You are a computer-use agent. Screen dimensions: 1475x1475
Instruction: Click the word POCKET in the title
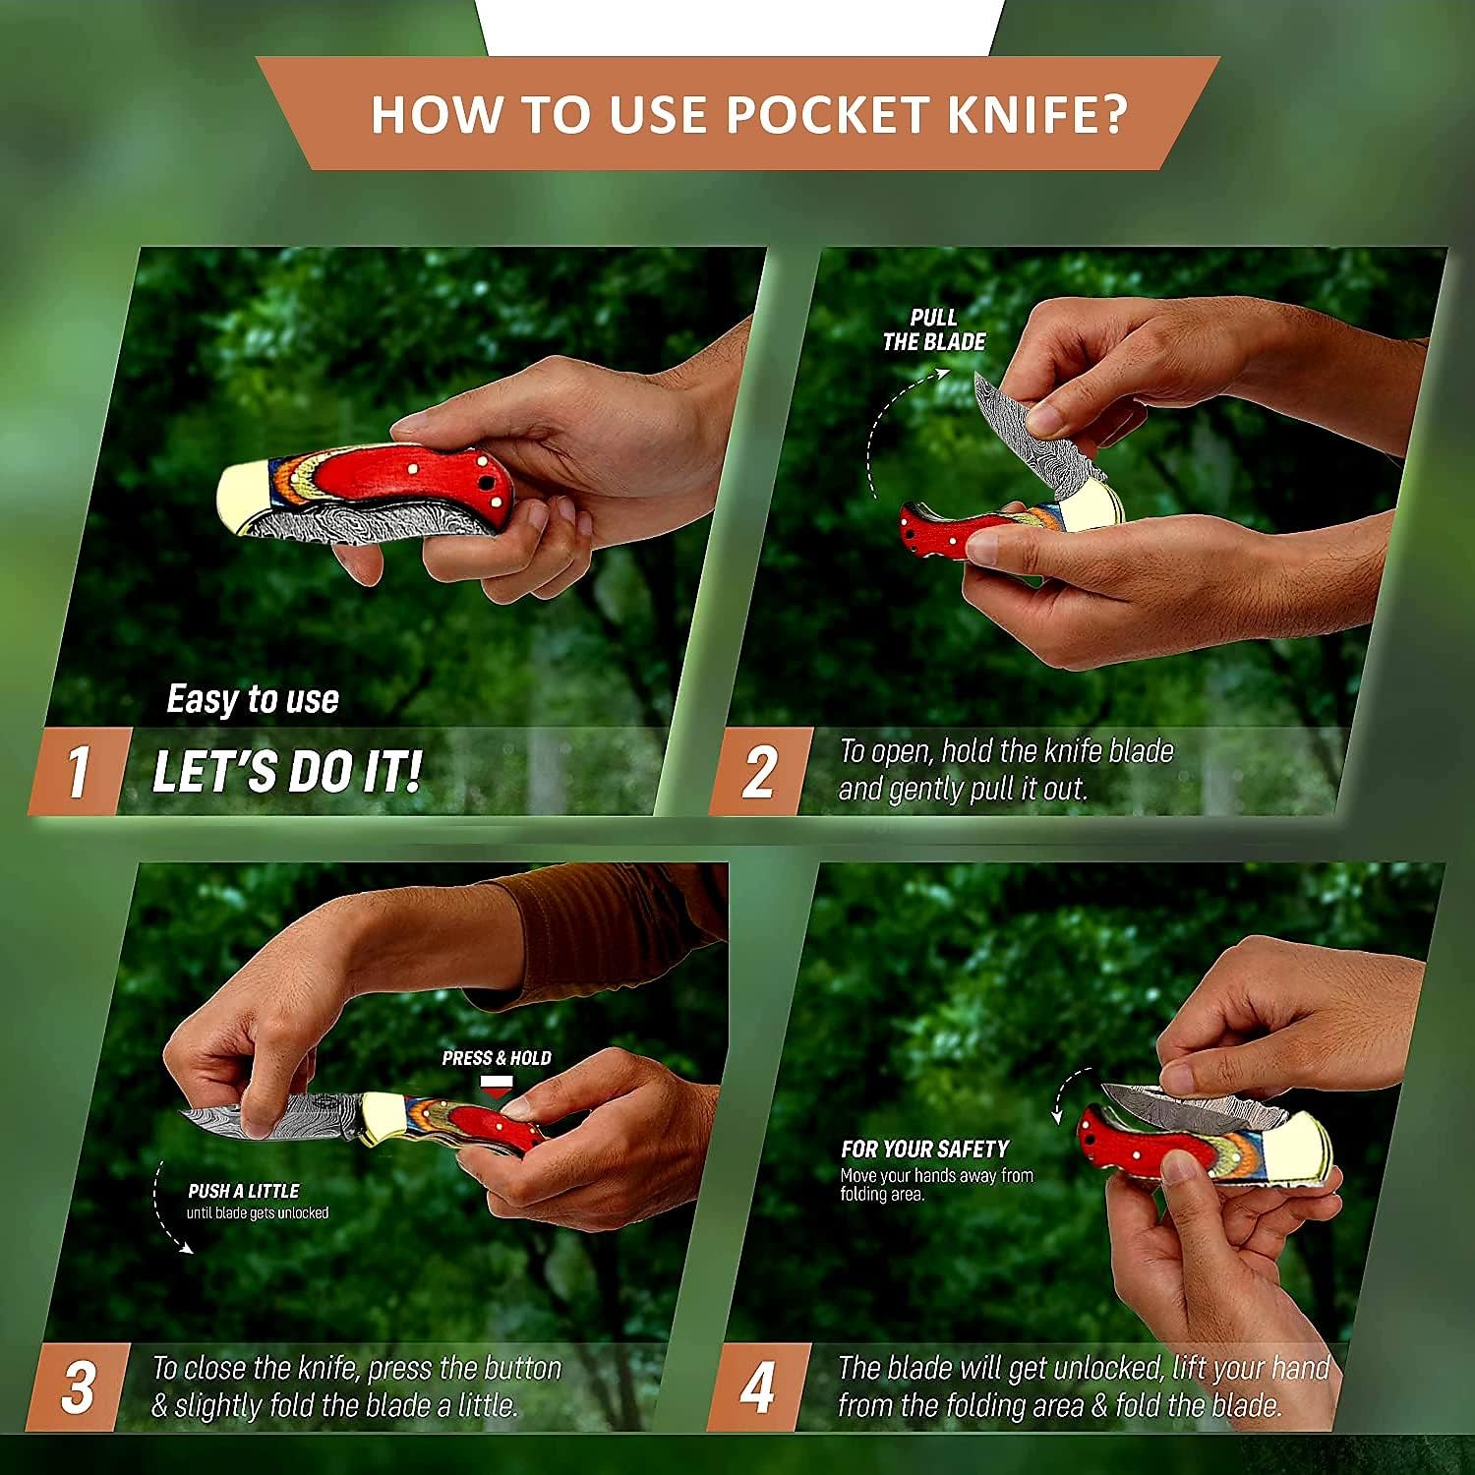tap(828, 114)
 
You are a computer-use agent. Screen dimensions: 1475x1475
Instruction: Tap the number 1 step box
tap(79, 771)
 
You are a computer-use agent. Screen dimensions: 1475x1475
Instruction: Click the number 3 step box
tap(79, 1386)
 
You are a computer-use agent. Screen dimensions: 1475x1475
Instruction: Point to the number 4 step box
tap(758, 1386)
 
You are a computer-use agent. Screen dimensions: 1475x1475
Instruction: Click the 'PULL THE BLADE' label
tap(933, 329)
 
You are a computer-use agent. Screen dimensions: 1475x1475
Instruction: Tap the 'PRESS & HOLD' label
tap(497, 1058)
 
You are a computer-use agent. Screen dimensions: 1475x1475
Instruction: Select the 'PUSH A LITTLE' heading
tap(244, 1191)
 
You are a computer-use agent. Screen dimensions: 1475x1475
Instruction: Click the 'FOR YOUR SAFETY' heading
tap(924, 1149)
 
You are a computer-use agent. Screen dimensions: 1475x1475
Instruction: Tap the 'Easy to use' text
tap(253, 699)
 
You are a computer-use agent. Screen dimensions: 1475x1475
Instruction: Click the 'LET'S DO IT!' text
tap(287, 771)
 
